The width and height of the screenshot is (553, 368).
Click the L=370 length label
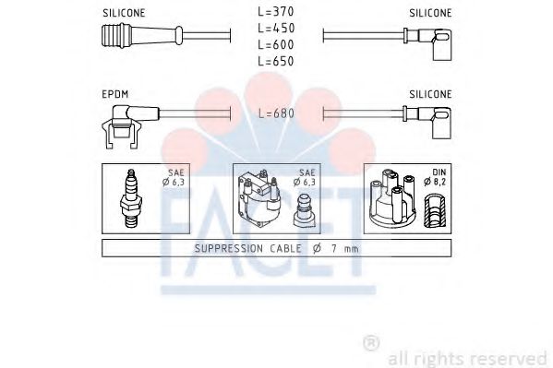276,12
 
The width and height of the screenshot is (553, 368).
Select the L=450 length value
276,29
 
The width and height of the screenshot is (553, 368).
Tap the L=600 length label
276,45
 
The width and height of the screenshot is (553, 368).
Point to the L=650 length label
276,61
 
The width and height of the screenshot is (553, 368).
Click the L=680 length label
276,113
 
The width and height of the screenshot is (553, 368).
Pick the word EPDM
115,94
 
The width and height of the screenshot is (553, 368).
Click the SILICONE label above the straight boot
124,13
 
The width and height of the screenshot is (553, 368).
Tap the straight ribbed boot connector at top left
142,36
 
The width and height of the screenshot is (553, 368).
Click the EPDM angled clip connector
130,125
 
